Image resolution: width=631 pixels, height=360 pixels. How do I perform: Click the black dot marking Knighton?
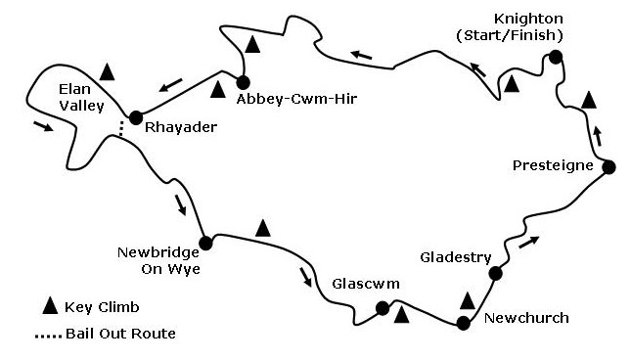(555, 58)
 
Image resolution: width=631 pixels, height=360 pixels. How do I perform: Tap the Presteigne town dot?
(608, 166)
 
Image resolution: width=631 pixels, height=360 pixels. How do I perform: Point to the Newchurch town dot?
(463, 323)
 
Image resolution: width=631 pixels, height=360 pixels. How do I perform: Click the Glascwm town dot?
(383, 309)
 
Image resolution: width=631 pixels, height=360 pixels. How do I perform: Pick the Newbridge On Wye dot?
(205, 244)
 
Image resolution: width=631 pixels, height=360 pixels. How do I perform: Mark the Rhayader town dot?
(136, 115)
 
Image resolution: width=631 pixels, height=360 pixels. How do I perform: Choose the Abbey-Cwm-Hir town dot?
(243, 82)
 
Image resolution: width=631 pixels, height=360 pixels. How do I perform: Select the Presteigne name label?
(553, 165)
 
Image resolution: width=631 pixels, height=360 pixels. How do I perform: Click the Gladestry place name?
(454, 257)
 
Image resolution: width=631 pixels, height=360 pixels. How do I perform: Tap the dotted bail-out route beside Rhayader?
(122, 126)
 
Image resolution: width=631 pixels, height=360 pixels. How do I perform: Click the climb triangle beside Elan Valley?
(108, 71)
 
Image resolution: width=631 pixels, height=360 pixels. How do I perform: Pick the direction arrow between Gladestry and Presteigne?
(528, 241)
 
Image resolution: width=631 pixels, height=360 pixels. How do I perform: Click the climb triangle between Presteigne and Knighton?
(587, 99)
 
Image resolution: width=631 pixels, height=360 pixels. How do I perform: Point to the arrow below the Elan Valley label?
(44, 127)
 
